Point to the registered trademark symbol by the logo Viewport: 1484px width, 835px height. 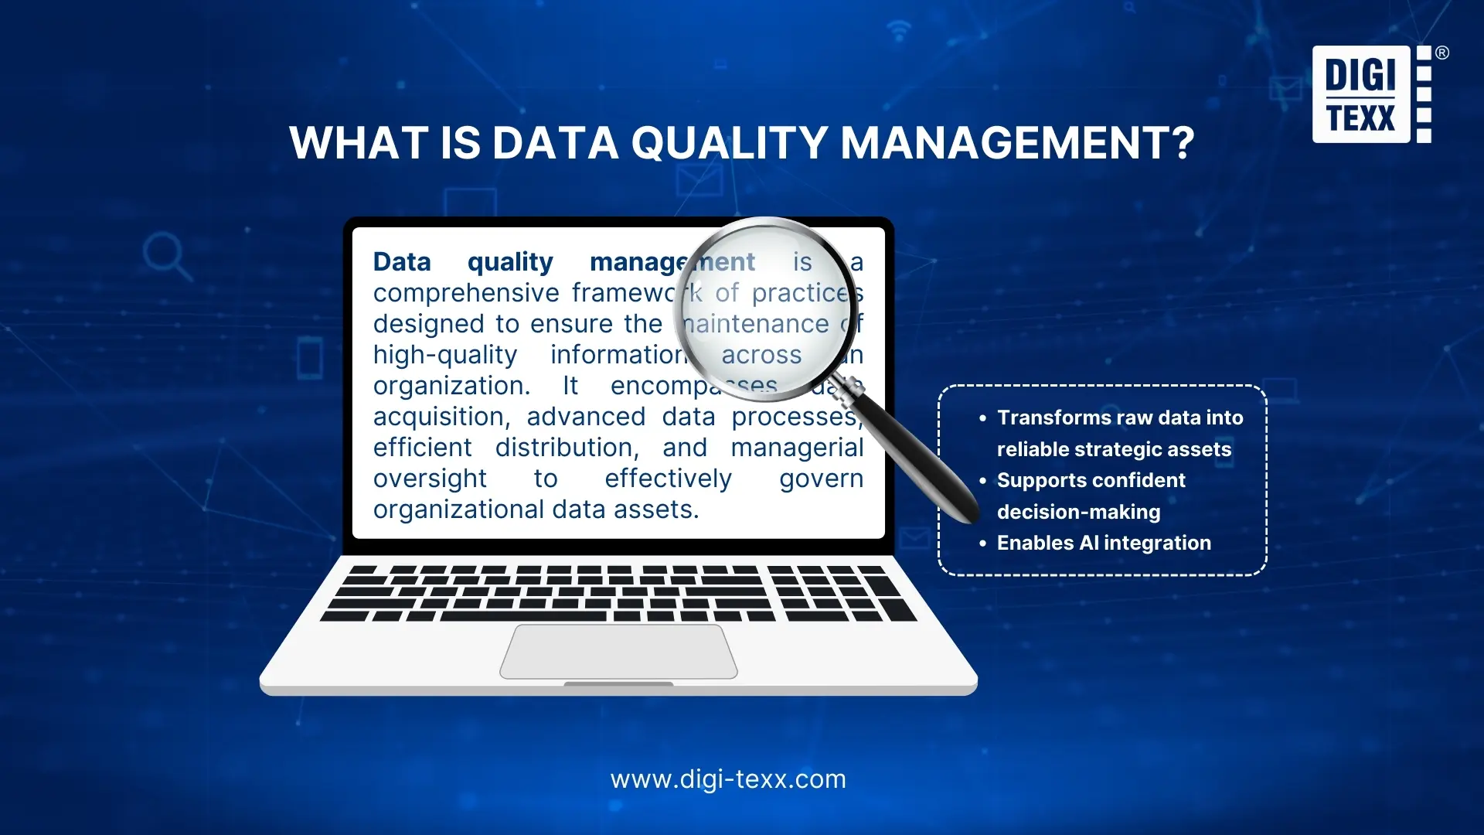(1442, 53)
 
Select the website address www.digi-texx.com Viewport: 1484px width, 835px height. (728, 779)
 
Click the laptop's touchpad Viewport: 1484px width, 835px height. (618, 652)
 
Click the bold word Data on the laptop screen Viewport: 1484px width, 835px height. (402, 262)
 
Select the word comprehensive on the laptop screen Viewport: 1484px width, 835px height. (466, 293)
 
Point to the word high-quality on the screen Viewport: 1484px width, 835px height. (445, 355)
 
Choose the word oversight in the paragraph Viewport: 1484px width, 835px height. (430, 479)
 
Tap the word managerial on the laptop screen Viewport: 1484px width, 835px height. (797, 448)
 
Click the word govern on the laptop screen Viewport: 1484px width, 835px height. (821, 479)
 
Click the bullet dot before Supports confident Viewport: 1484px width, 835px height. (983, 481)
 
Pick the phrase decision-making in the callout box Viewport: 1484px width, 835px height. (1078, 512)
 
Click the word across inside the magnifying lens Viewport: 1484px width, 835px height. (761, 355)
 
